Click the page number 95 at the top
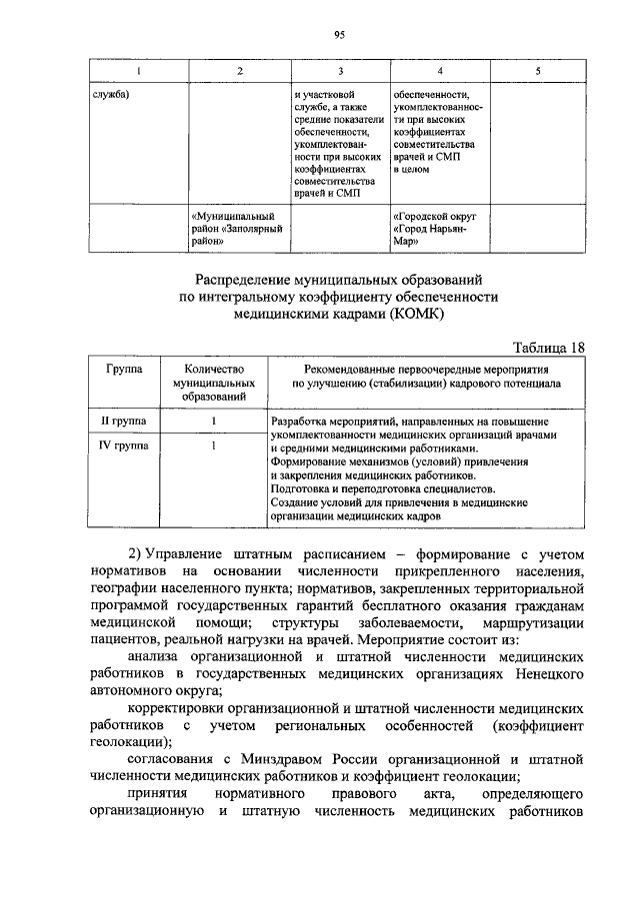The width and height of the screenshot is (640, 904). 339,33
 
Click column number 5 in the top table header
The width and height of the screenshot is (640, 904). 537,72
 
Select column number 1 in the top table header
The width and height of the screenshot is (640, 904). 138,72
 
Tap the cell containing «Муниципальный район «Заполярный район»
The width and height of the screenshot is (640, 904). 232,228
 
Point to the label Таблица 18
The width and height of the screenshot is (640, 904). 548,347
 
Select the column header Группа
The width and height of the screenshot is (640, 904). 128,369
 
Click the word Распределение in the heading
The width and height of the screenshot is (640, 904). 237,278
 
